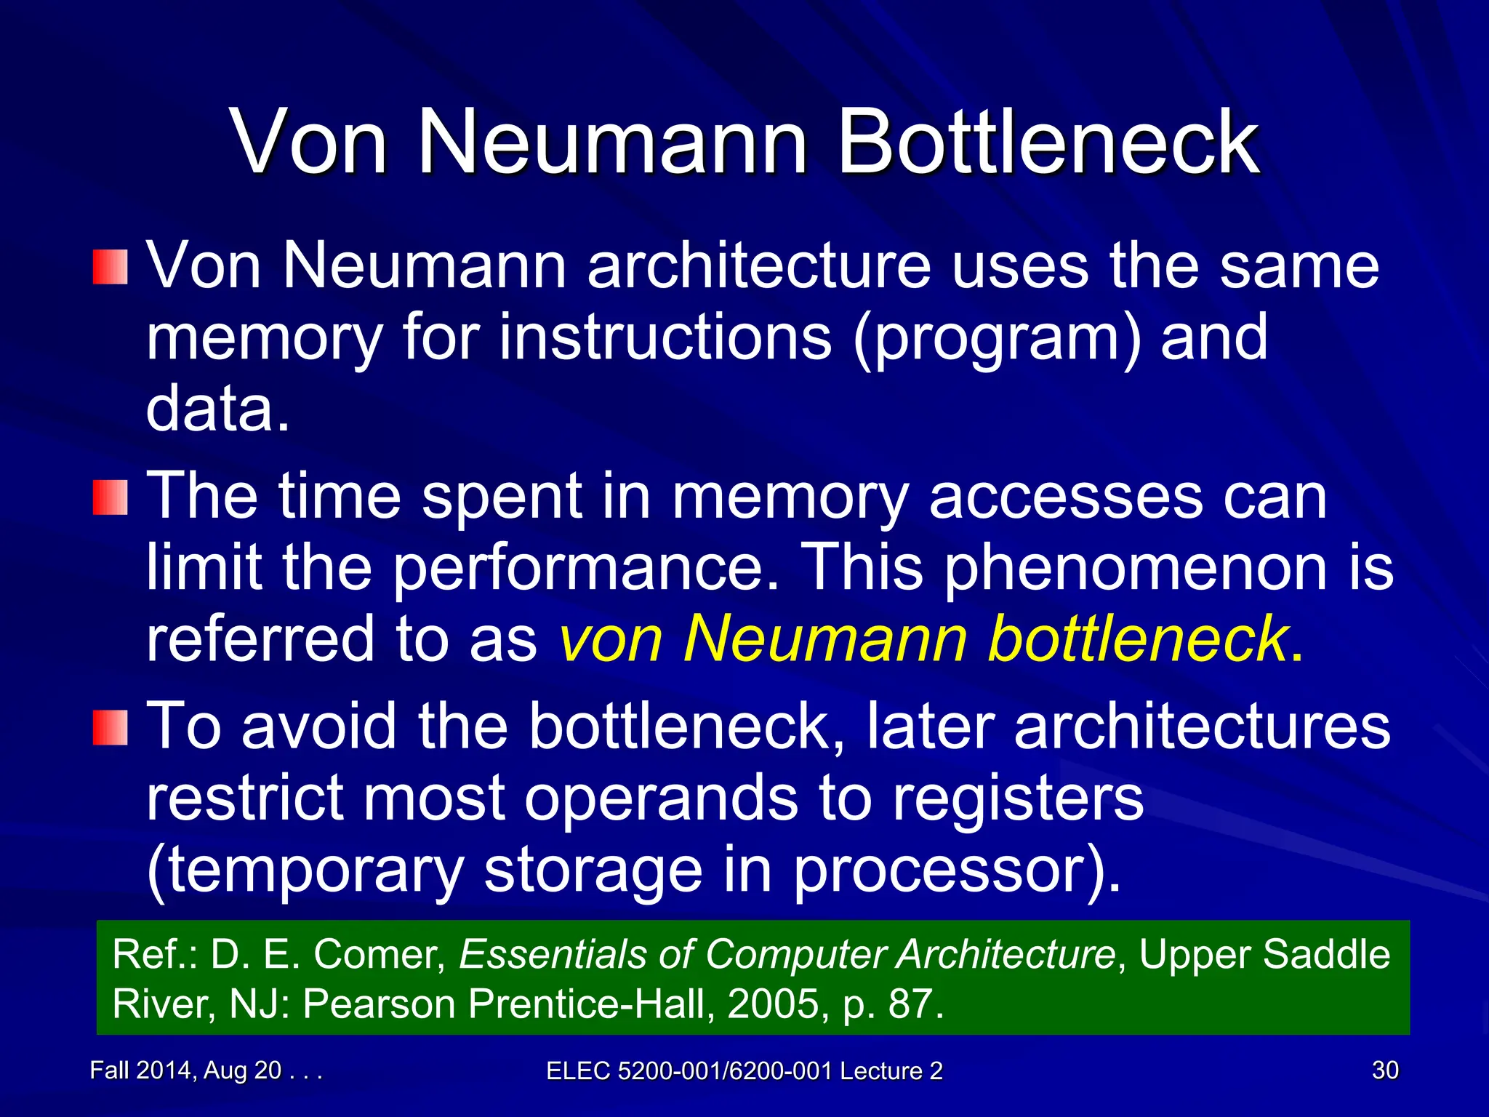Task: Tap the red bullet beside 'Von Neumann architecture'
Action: tap(111, 267)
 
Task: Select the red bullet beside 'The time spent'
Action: tap(111, 497)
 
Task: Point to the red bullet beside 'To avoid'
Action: tap(111, 728)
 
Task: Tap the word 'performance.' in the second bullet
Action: tap(586, 568)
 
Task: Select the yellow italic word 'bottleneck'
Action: tap(1139, 638)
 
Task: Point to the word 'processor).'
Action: tap(957, 870)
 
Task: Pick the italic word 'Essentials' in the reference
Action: tap(553, 954)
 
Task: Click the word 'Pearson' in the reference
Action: tap(380, 1004)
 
